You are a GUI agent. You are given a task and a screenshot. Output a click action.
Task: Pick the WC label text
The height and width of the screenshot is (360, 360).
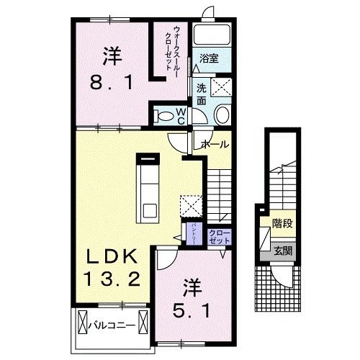tap(181, 116)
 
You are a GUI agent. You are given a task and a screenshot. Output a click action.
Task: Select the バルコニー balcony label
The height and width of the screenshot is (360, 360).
tap(115, 325)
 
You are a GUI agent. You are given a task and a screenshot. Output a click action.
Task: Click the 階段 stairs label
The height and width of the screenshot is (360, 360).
tap(282, 224)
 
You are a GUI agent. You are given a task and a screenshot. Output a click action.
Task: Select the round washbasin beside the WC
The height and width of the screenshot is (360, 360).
tap(222, 114)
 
